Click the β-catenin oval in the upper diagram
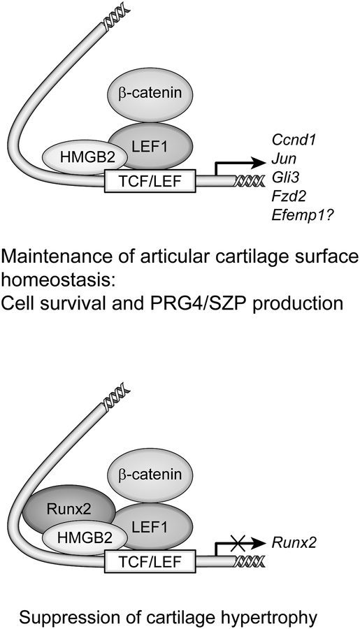click(x=150, y=94)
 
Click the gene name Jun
click(x=283, y=159)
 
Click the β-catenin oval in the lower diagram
click(x=150, y=475)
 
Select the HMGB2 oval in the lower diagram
click(x=86, y=537)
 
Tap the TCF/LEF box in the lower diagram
click(x=150, y=563)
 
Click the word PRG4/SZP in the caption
click(x=197, y=304)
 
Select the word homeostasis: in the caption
click(x=58, y=280)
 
